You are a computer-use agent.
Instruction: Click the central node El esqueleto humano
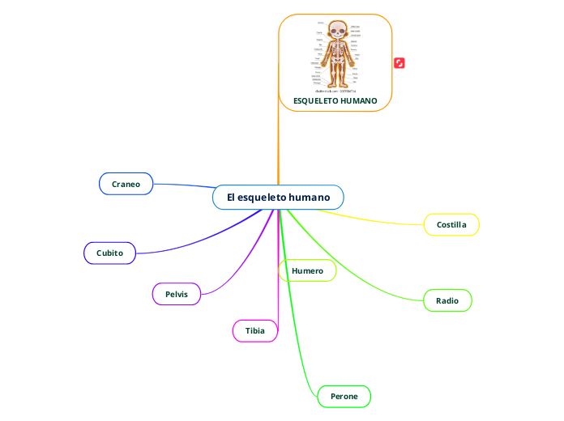point(278,198)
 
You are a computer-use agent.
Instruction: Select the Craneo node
point(126,184)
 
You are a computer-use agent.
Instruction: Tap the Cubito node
point(109,253)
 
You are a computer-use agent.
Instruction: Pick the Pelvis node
point(176,294)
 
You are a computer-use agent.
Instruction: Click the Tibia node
point(254,330)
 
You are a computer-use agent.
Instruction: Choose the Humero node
point(307,270)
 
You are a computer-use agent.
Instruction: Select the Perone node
point(344,396)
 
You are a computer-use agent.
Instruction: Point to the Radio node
point(447,300)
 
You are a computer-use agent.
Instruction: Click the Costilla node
point(451,224)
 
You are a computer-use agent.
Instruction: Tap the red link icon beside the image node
point(399,63)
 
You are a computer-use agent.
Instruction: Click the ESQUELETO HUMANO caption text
point(335,101)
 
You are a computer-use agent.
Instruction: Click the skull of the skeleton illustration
point(335,29)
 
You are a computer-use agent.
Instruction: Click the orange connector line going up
point(278,146)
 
